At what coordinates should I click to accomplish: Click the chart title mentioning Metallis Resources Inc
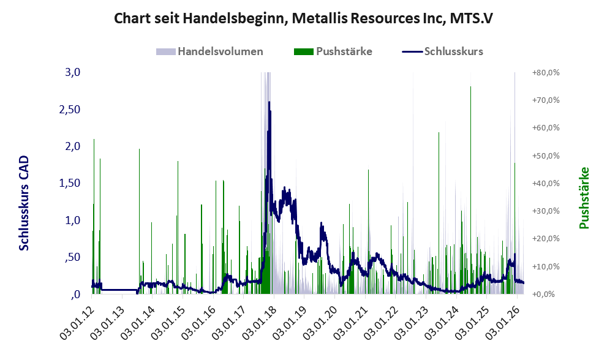[x=303, y=18]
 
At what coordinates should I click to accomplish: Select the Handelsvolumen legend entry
[x=220, y=51]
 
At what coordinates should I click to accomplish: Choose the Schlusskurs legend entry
[x=453, y=51]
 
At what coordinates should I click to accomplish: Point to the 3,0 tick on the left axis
[x=73, y=72]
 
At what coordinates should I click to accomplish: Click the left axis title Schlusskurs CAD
[x=25, y=203]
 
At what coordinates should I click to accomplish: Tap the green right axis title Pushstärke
[x=584, y=198]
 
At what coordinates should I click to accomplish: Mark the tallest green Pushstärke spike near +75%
[x=470, y=89]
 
